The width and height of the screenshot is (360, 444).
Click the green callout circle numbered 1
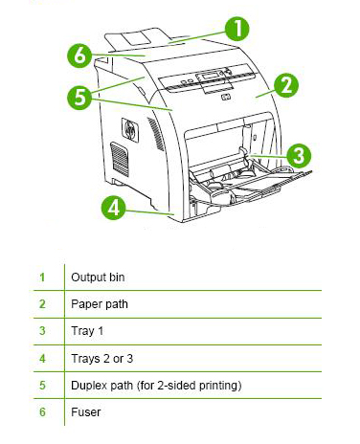pyautogui.click(x=237, y=29)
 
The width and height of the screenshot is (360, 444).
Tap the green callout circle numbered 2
pyautogui.click(x=286, y=85)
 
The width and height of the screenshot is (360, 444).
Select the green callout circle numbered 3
pyautogui.click(x=299, y=156)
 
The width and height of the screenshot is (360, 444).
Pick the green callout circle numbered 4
pyautogui.click(x=113, y=208)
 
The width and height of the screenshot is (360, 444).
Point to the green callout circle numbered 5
pyautogui.click(x=79, y=98)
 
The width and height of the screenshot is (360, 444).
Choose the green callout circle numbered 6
pyautogui.click(x=79, y=55)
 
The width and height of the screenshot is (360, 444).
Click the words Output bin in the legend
pyautogui.click(x=98, y=277)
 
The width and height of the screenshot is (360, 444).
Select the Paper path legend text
pyautogui.click(x=100, y=304)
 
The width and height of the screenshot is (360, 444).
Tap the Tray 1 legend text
pyautogui.click(x=87, y=331)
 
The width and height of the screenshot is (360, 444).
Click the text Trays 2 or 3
pyautogui.click(x=101, y=359)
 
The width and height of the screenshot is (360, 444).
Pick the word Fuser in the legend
pyautogui.click(x=85, y=412)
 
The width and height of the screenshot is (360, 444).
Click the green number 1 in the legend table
pyautogui.click(x=42, y=277)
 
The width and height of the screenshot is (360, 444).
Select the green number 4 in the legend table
pyautogui.click(x=42, y=359)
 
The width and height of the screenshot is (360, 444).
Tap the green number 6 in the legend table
pyautogui.click(x=42, y=412)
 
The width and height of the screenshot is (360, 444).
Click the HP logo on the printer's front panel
pyautogui.click(x=226, y=97)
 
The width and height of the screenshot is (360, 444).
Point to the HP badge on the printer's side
pyautogui.click(x=130, y=130)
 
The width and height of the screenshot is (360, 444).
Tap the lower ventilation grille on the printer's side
pyautogui.click(x=120, y=160)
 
